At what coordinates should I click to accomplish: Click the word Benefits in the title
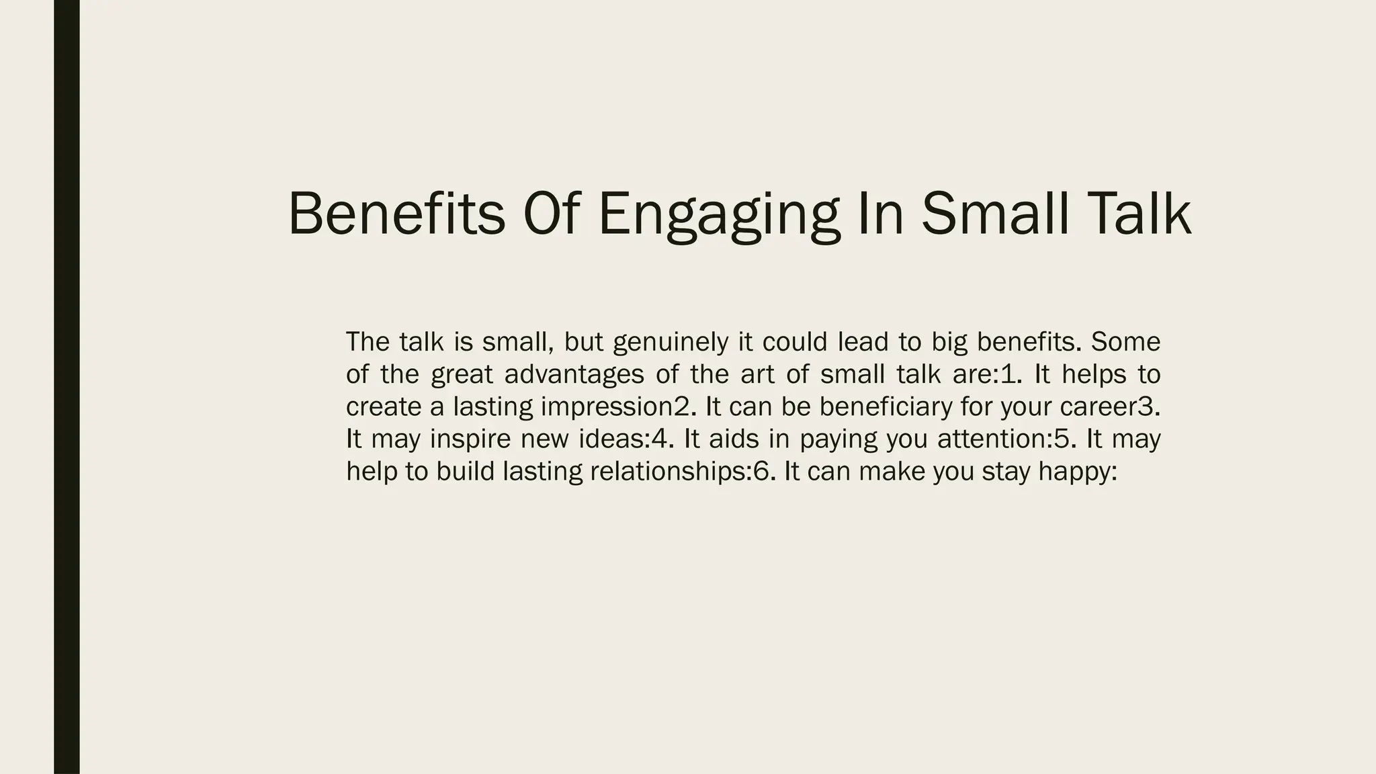pos(396,214)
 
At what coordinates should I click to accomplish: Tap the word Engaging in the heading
pos(718,215)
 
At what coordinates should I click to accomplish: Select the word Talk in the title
pos(1135,214)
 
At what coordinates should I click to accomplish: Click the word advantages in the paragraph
pos(574,375)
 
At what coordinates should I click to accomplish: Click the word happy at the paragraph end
pos(1076,472)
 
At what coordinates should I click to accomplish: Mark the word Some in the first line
pos(1125,343)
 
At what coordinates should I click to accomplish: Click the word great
pos(462,375)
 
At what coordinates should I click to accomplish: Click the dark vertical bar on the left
pos(67,387)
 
